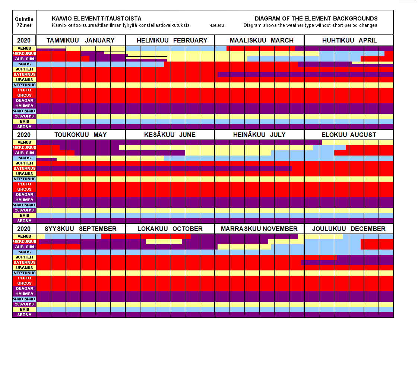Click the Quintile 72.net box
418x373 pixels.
click(x=24, y=22)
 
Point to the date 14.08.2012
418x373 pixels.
click(x=216, y=26)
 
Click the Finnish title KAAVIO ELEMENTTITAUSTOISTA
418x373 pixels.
click(x=96, y=19)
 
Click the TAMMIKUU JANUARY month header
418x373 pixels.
click(x=80, y=40)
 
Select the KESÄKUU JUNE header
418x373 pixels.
click(x=170, y=135)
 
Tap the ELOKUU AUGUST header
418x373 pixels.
click(x=349, y=135)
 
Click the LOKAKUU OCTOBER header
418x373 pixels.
click(x=170, y=229)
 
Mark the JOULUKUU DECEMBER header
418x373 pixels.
click(x=349, y=229)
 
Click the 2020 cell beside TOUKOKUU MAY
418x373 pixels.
click(x=24, y=135)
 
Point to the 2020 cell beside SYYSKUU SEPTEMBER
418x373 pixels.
click(x=24, y=229)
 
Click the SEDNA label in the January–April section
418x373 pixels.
click(x=24, y=127)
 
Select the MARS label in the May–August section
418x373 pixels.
click(x=24, y=158)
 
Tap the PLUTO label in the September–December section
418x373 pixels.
click(x=24, y=278)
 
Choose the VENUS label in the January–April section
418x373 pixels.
click(x=24, y=48)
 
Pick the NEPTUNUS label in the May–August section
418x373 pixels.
click(x=24, y=179)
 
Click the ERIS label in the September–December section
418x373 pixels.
click(x=24, y=310)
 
